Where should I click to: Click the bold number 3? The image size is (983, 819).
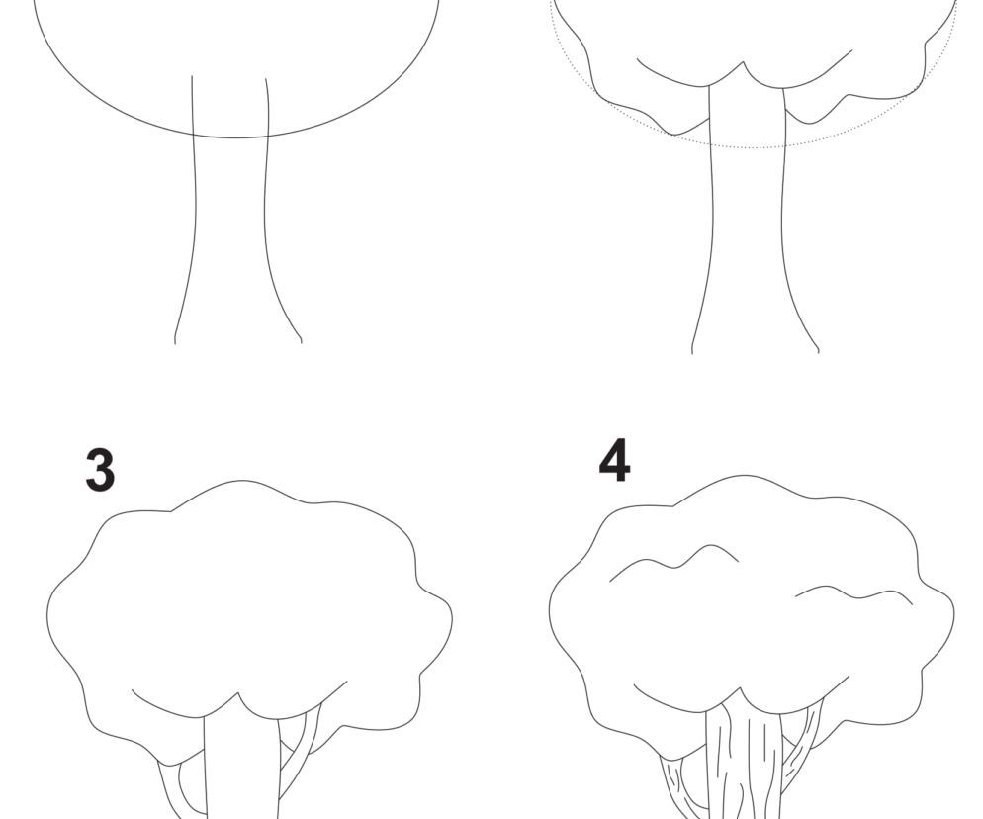point(100,470)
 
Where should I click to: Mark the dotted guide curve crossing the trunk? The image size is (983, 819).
point(746,146)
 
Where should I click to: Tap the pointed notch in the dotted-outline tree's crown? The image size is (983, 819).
point(744,62)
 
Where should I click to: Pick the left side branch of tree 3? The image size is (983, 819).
point(170,790)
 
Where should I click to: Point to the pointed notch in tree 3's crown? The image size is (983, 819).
point(239,693)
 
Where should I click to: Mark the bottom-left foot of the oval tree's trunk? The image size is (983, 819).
point(174,342)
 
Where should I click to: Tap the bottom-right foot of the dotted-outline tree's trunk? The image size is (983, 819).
point(818,352)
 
